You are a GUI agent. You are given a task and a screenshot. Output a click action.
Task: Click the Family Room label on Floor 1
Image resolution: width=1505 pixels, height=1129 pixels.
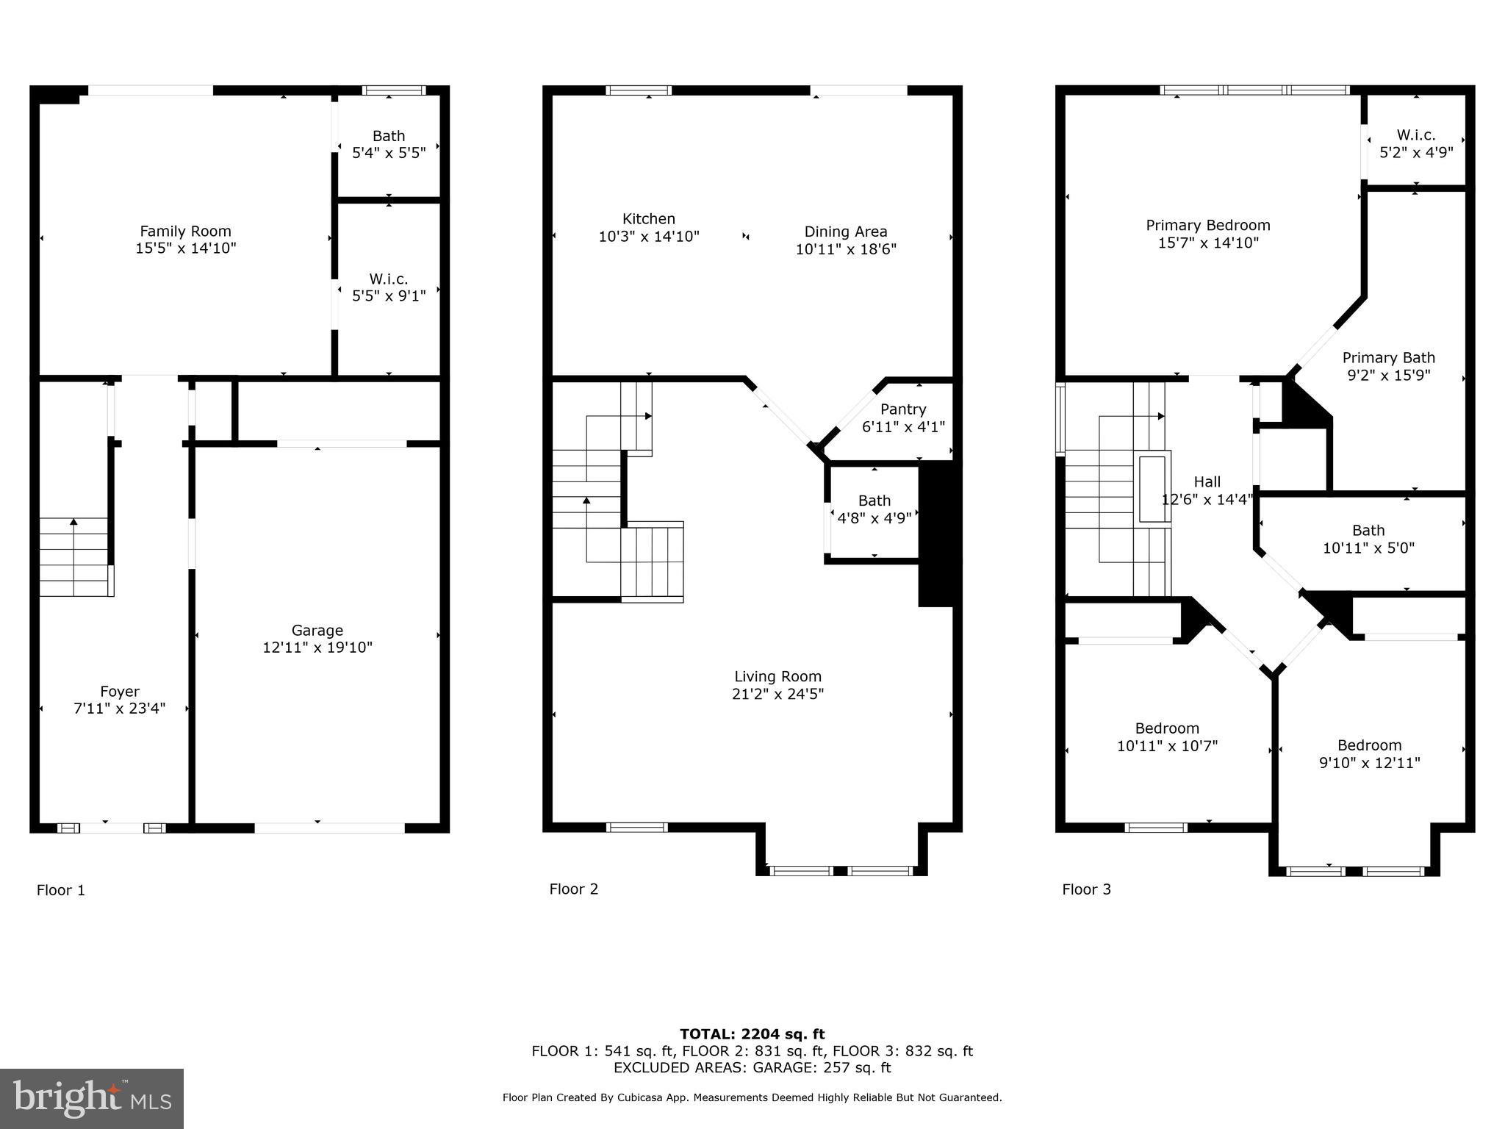tap(185, 231)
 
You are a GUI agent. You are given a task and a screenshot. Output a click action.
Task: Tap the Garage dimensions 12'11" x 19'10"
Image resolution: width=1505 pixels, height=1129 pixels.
tap(317, 648)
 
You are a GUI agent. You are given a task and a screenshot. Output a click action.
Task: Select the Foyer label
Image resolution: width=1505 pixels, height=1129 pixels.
tap(120, 692)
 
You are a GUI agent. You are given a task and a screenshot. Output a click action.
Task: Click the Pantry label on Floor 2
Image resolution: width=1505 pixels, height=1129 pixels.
tap(903, 409)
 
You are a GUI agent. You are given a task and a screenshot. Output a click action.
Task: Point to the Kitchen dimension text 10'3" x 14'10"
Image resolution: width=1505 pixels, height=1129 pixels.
tap(649, 237)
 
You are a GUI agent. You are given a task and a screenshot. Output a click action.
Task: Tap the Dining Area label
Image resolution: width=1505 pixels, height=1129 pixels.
tap(846, 232)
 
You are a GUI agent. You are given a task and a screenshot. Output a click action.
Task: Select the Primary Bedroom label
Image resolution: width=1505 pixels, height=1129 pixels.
tap(1208, 226)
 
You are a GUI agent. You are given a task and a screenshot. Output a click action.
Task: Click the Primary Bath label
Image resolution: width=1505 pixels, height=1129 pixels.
tap(1388, 358)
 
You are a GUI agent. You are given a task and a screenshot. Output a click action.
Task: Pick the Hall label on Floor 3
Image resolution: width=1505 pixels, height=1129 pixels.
tap(1207, 482)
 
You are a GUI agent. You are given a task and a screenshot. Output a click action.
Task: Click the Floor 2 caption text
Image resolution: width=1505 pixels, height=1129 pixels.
tap(573, 889)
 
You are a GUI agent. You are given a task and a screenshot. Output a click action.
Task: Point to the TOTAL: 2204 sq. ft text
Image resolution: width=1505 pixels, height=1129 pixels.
tap(752, 1034)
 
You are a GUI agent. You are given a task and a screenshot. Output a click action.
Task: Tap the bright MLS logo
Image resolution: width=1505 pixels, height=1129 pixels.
tap(92, 1098)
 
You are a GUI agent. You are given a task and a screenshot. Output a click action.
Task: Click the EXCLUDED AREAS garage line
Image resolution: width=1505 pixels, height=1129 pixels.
tap(752, 1067)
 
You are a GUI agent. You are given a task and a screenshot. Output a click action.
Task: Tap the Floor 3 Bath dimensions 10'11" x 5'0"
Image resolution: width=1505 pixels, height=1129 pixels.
tap(1368, 548)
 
